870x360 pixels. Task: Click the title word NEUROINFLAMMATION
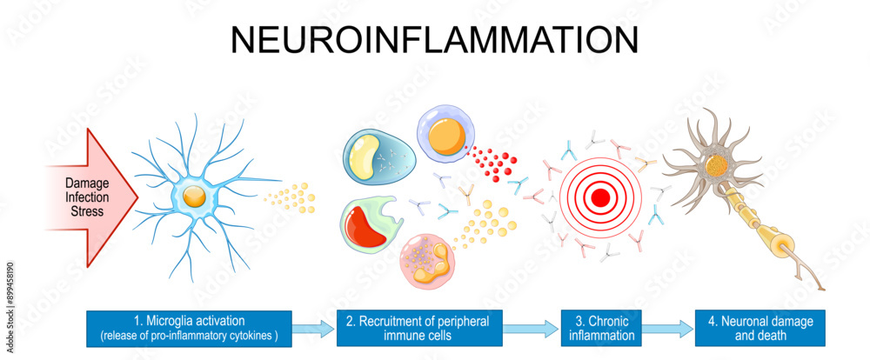434,41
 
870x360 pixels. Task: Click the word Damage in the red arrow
86,183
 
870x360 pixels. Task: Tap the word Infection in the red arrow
86,197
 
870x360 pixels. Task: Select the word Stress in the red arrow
86,210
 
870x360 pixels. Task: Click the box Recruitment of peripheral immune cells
417,328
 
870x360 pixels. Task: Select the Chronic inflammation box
601,328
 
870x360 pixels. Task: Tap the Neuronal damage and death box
760,328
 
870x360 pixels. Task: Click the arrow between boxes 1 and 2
314,329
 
